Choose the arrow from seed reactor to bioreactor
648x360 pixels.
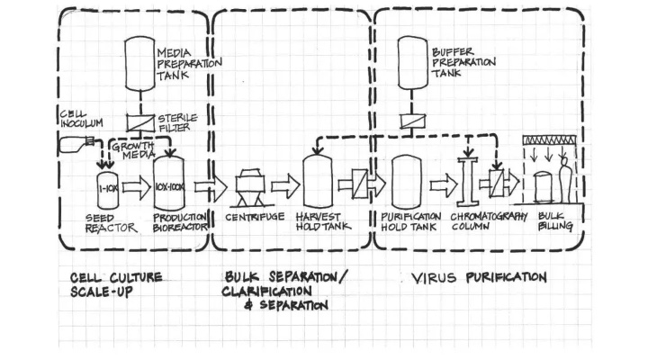pos(136,187)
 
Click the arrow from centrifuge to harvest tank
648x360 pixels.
pos(284,187)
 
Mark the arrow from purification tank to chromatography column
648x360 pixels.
pos(442,187)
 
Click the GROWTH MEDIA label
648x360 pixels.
pos(133,149)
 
